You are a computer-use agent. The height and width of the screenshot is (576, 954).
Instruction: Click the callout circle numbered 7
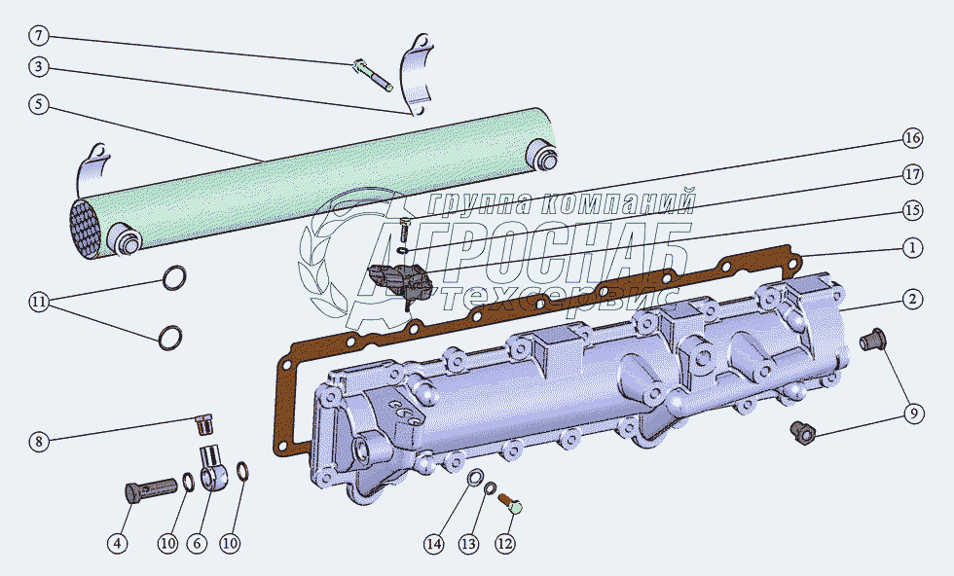38,36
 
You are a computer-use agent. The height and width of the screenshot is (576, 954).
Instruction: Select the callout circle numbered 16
912,139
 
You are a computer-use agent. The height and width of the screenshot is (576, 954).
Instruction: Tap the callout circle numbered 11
38,302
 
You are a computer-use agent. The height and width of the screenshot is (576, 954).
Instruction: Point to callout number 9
913,414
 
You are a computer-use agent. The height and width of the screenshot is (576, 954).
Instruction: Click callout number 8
38,441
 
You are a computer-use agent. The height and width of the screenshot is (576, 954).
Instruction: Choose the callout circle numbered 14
434,544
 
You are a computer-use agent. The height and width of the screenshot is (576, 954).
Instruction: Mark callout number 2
912,300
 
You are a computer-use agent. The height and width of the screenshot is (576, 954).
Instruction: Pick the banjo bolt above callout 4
150,489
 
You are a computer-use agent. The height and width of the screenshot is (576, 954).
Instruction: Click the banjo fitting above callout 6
214,467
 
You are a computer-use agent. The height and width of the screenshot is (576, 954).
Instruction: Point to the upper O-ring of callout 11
174,278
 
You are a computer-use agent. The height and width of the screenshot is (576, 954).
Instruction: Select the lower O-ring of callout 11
170,338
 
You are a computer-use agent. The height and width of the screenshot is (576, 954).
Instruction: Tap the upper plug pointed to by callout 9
873,340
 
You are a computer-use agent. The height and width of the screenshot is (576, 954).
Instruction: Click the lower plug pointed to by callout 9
802,432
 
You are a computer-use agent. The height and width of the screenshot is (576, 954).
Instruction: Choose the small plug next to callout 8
205,424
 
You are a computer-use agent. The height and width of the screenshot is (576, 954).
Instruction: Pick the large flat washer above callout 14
476,478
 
